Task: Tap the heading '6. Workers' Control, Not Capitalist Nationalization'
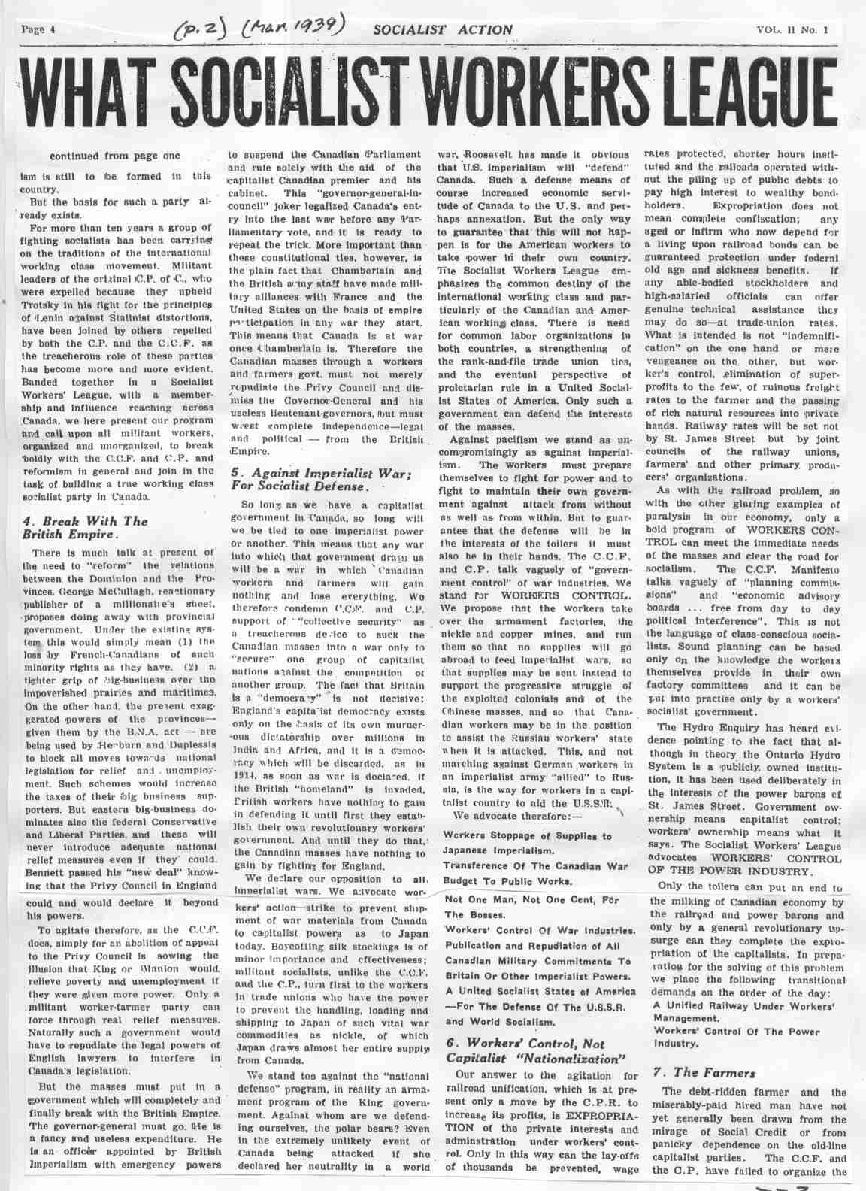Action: [536, 1051]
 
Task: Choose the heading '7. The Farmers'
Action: [699, 1071]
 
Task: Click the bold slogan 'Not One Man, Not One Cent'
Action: [532, 898]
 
